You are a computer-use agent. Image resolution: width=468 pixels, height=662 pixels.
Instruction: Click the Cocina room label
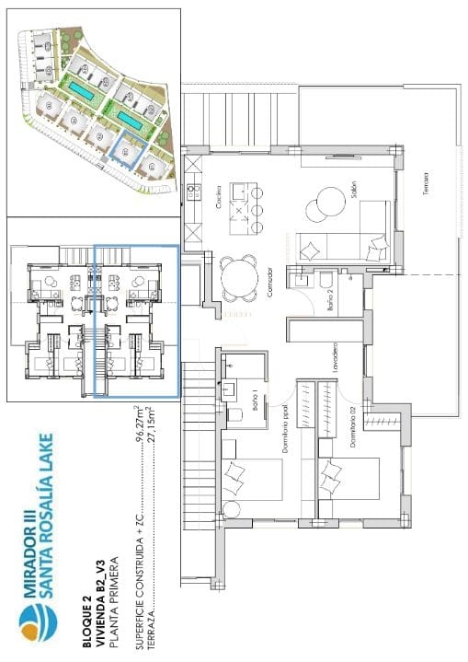click(x=219, y=197)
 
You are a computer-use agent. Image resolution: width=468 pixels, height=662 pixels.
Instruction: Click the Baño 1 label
click(x=253, y=401)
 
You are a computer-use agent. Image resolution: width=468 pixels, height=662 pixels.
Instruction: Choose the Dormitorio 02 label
click(x=350, y=429)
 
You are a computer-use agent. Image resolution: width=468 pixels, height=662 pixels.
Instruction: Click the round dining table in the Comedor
click(x=241, y=277)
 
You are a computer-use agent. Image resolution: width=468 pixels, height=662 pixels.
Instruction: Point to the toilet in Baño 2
click(x=325, y=280)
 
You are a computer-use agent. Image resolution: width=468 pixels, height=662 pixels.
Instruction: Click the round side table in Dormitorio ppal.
click(x=232, y=509)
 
